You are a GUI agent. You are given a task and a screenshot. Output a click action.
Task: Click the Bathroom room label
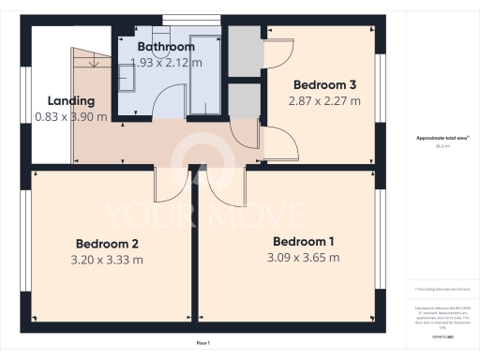pos(166,46)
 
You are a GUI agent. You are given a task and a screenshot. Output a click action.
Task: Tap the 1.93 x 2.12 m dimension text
pos(166,62)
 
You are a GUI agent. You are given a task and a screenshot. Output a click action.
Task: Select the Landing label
pos(71,100)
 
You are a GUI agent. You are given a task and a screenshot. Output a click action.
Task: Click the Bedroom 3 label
pos(322,82)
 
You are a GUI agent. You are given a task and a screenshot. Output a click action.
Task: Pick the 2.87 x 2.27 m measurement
pos(322,99)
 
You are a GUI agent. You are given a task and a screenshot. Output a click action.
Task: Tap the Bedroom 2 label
pos(108,244)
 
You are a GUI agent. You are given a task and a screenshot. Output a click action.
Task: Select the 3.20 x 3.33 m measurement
pos(108,260)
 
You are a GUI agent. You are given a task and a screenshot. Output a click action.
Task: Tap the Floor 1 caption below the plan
pos(203,344)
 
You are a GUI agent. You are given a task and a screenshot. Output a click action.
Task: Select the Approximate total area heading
pos(441,138)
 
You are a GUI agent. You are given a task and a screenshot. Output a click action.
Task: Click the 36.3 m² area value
pos(441,146)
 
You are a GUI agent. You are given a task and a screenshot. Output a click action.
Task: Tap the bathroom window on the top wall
pos(174,18)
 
